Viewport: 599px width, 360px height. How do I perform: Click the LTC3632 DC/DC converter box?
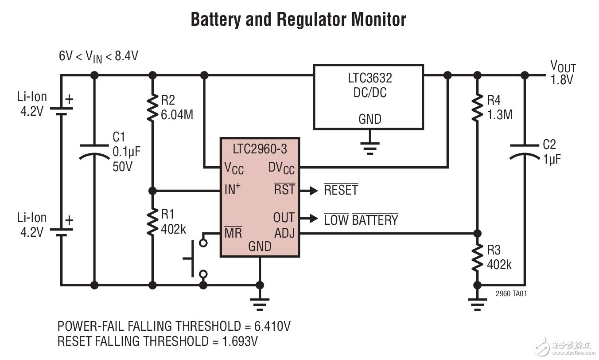[368, 97]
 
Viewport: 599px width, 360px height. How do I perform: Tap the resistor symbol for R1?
[152, 222]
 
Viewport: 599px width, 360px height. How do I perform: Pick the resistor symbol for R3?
[477, 258]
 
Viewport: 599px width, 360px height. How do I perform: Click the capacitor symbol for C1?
[94, 151]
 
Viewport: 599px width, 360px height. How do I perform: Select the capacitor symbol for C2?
[525, 151]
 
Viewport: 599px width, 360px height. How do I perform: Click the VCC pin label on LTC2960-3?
[234, 168]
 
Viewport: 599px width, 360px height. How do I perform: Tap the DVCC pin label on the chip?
[281, 168]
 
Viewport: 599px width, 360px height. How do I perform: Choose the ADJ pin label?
[284, 233]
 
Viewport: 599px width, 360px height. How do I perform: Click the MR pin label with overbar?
[233, 232]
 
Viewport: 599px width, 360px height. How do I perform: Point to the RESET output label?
[341, 190]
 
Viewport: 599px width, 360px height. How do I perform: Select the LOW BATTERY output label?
[361, 219]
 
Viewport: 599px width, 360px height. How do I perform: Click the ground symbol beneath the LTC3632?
[369, 147]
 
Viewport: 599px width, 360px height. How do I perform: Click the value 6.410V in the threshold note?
[272, 327]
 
